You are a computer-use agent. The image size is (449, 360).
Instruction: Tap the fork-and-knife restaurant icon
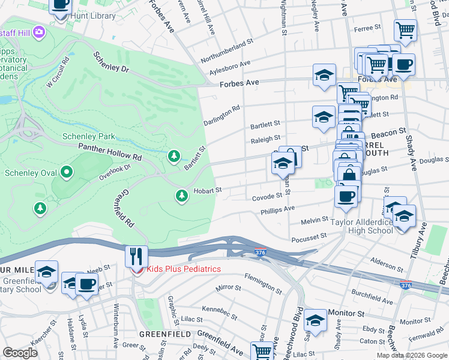pyautogui.click(x=136, y=256)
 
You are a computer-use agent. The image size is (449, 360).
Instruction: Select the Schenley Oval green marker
pyautogui.click(x=67, y=173)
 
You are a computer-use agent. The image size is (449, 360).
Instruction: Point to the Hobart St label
pyautogui.click(x=208, y=190)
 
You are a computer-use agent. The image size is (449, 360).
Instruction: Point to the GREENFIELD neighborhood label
pyautogui.click(x=165, y=334)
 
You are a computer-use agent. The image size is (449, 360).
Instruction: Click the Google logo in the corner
pyautogui.click(x=20, y=353)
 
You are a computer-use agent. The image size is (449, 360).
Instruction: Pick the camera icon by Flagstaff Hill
pyautogui.click(x=39, y=31)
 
